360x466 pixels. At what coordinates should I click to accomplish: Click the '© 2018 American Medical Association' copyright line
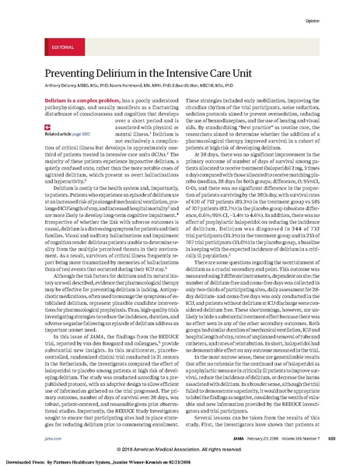click(180, 449)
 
